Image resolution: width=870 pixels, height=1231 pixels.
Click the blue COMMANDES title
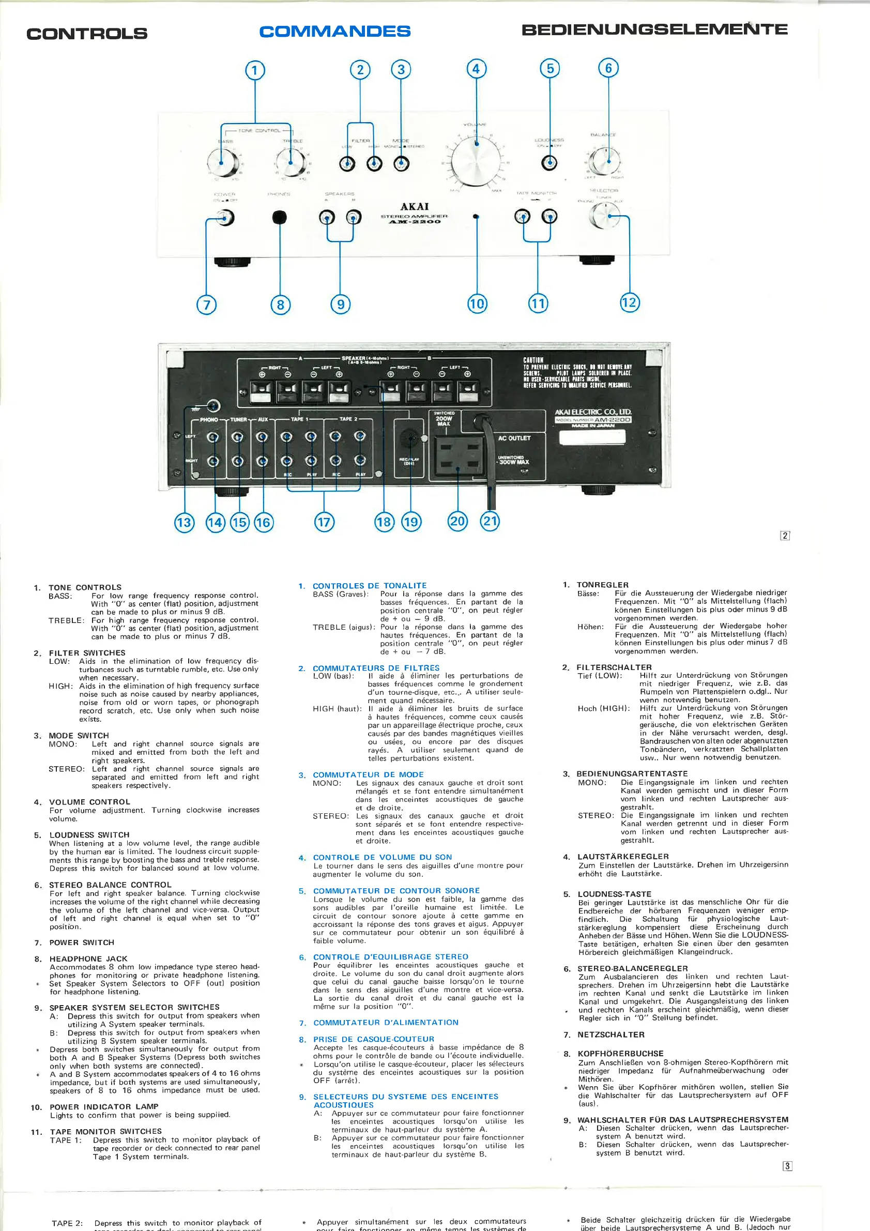(x=335, y=32)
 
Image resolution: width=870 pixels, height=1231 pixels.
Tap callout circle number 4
(x=476, y=69)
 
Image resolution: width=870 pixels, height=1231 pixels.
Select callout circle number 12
(x=629, y=302)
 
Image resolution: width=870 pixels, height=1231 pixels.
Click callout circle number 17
(x=324, y=522)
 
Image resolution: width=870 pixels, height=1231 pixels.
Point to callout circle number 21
(x=490, y=521)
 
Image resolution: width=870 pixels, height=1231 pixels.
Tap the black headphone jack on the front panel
(x=279, y=217)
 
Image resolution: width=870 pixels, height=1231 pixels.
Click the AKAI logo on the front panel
(x=415, y=206)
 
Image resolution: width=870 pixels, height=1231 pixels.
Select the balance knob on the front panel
(x=605, y=160)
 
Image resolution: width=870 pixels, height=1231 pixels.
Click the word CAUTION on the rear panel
(x=533, y=360)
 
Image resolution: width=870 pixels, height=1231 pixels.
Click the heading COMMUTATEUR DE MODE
(x=368, y=774)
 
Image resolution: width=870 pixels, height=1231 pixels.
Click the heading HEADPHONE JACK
(x=88, y=959)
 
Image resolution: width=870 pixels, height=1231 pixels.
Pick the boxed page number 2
(x=785, y=535)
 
